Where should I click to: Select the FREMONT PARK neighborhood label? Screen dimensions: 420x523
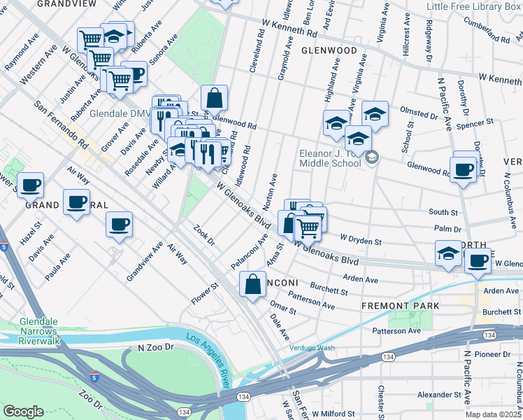pos(400,306)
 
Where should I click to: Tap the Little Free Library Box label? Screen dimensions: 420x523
pos(474,7)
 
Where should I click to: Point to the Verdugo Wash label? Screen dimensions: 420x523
pos(313,348)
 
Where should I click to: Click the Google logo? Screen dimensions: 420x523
pos(23,412)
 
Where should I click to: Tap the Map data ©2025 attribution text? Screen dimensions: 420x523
pos(493,414)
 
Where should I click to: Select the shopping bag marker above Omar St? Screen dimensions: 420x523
pos(252,283)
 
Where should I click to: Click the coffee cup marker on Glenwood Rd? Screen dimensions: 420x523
pos(464,168)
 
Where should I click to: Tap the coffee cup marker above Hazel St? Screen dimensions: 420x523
pos(30,185)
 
